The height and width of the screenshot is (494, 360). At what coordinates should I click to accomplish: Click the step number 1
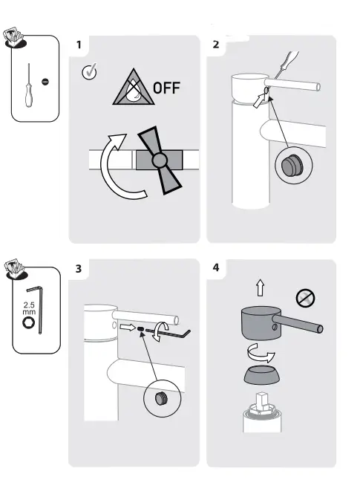pyautogui.click(x=78, y=45)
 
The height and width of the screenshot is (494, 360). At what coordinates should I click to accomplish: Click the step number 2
pyautogui.click(x=216, y=45)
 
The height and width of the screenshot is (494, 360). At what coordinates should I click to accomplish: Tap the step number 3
pyautogui.click(x=78, y=268)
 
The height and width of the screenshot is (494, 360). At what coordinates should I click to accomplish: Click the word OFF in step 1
pyautogui.click(x=166, y=90)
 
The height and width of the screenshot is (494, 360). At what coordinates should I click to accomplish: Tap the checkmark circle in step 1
pyautogui.click(x=88, y=73)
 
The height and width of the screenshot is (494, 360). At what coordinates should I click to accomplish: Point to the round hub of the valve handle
pyautogui.click(x=157, y=160)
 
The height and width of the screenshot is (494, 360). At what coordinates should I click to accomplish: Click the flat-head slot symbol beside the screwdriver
pyautogui.click(x=45, y=81)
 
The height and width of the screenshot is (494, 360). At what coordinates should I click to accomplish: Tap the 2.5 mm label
pyautogui.click(x=29, y=309)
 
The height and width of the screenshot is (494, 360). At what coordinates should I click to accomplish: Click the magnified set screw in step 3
pyautogui.click(x=158, y=400)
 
